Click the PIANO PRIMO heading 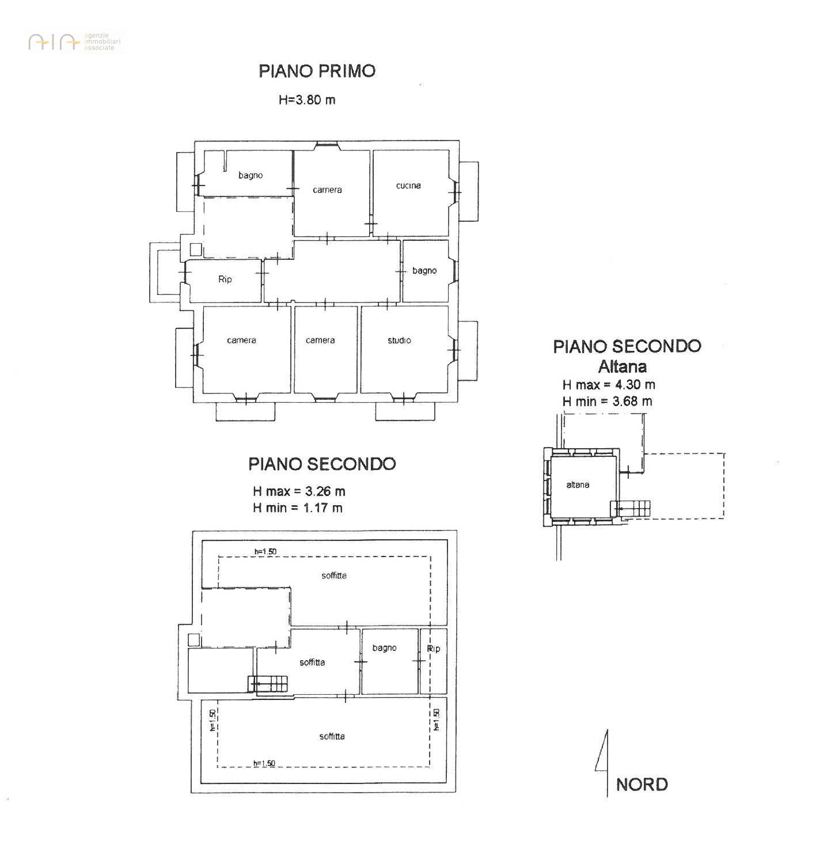(317, 71)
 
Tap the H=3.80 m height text (307, 100)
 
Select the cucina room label (408, 185)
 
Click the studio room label (399, 340)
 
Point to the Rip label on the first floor (225, 279)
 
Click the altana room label (578, 484)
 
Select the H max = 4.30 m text (609, 385)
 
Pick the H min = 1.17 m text (298, 508)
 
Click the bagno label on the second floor (384, 648)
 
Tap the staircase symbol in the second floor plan (268, 684)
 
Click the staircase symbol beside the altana (630, 509)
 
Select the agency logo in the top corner (74, 42)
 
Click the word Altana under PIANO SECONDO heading (623, 366)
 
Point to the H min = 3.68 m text (608, 401)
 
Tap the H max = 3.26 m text (299, 491)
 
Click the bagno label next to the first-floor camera (251, 176)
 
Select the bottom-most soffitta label (332, 736)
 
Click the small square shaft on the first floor (196, 249)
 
